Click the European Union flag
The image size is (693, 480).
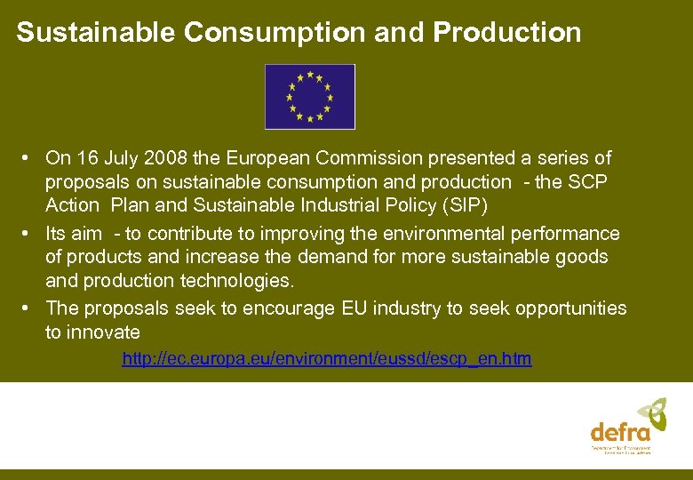[x=309, y=96]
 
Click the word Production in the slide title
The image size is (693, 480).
[x=507, y=33]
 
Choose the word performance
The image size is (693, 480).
[x=570, y=234]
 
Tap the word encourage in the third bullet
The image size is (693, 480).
[x=292, y=308]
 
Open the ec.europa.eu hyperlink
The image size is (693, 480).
[x=326, y=359]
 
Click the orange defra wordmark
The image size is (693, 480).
[x=620, y=433]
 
